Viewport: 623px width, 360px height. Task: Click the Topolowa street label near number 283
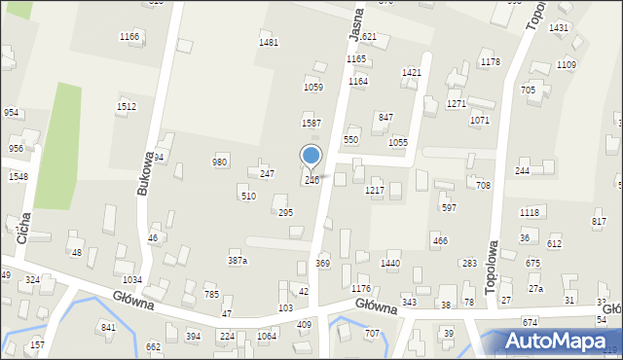494,261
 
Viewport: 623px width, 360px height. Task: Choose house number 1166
129,36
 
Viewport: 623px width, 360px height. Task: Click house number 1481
269,42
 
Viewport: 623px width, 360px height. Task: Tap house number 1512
127,106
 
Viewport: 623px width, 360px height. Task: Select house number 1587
311,124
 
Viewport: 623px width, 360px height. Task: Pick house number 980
220,162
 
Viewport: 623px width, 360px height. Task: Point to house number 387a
238,261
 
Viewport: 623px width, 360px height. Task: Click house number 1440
390,264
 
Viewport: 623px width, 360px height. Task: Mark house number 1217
375,191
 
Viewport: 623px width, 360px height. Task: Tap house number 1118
530,212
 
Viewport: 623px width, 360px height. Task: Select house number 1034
132,279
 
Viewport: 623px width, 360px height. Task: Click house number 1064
267,337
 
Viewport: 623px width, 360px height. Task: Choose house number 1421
412,73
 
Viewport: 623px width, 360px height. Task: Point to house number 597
449,207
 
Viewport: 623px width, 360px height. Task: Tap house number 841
108,327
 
